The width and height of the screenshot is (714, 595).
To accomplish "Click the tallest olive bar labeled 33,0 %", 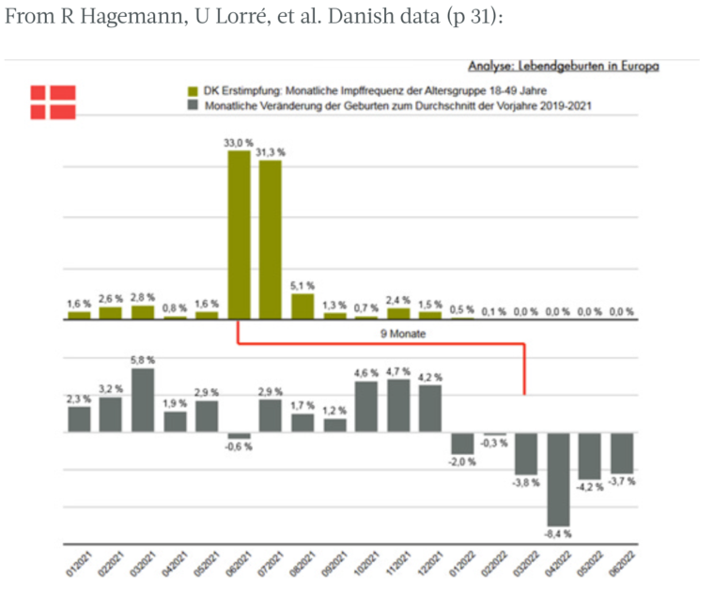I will tap(240, 234).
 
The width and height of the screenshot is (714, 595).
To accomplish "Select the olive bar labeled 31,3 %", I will tap(271, 240).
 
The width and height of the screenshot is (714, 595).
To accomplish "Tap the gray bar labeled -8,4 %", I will tap(559, 478).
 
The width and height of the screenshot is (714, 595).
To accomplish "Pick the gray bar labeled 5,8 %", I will tap(143, 400).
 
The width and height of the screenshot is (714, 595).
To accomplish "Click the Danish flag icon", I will tap(53, 102).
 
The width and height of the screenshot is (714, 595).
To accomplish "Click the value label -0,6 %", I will tap(240, 446).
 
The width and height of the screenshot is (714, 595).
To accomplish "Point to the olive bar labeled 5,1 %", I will tap(303, 306).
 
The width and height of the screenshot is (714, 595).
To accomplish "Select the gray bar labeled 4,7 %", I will tap(398, 406).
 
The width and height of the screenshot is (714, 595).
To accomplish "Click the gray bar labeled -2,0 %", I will tap(462, 444).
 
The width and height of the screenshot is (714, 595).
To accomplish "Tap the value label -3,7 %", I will tap(622, 481).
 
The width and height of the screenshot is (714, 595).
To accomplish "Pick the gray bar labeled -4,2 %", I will tap(590, 456).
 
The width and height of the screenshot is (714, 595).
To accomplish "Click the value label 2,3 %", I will tap(79, 399).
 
